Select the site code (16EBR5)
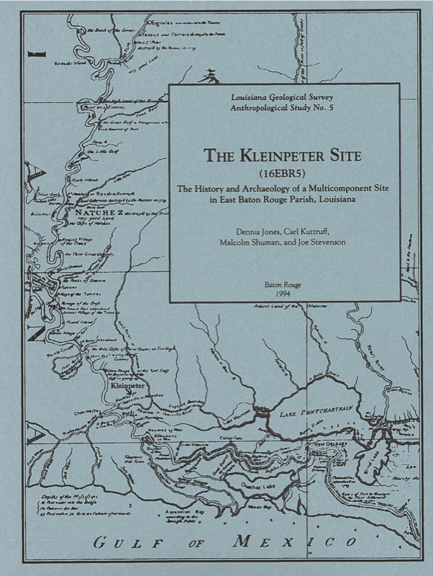(285, 174)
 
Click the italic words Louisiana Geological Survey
(284, 96)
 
